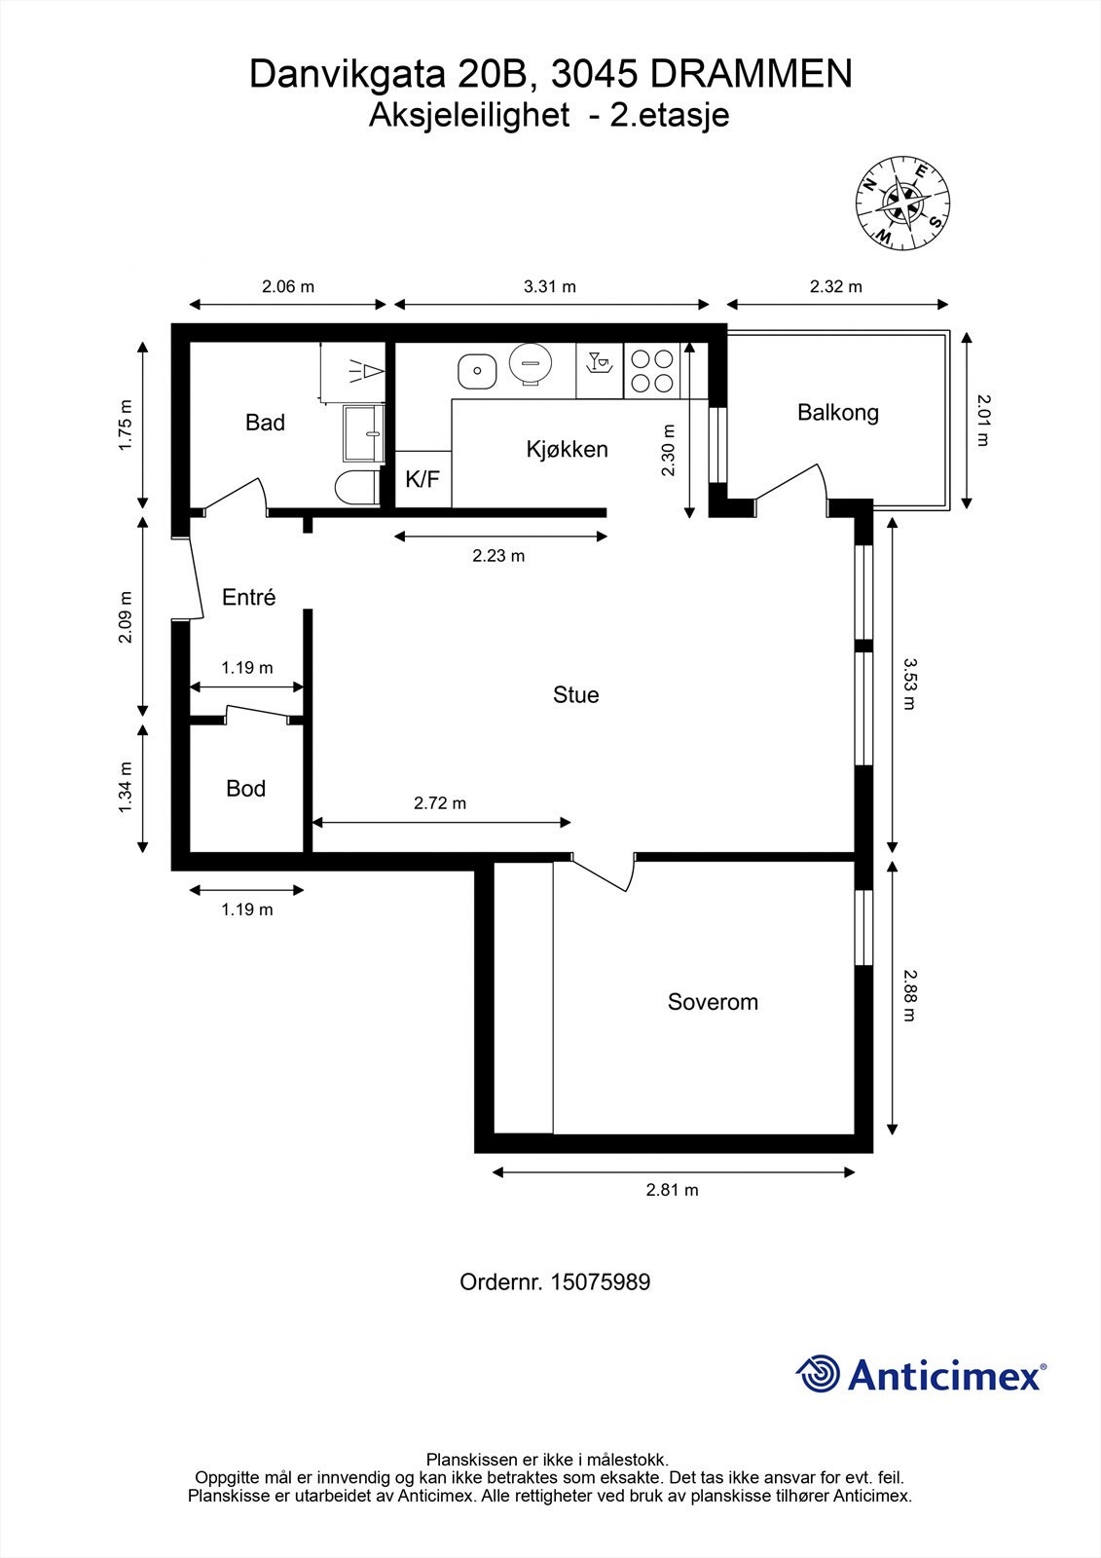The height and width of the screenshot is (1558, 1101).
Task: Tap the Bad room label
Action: (265, 423)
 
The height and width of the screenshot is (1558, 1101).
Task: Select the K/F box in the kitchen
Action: (422, 479)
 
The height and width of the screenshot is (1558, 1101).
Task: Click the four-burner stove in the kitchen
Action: (651, 370)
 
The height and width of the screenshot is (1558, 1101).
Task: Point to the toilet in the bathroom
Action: (356, 487)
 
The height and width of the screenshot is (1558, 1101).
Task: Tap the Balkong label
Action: (837, 412)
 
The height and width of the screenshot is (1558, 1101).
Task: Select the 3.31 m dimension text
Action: (549, 286)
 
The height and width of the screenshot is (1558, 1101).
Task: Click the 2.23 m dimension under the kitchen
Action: (498, 556)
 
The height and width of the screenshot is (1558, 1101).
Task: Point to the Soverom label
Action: (713, 1002)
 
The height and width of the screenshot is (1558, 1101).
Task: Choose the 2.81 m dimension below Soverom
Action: (673, 1190)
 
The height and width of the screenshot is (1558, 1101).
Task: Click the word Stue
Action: (575, 695)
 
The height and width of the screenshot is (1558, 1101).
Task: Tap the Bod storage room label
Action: (245, 789)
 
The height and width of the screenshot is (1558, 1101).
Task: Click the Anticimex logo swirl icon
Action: (818, 1374)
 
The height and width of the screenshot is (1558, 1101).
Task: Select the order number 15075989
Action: (600, 1282)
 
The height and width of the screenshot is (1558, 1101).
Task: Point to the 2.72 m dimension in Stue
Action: (440, 803)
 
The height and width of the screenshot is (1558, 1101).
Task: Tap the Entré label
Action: (248, 598)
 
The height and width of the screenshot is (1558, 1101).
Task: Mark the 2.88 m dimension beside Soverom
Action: (908, 994)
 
